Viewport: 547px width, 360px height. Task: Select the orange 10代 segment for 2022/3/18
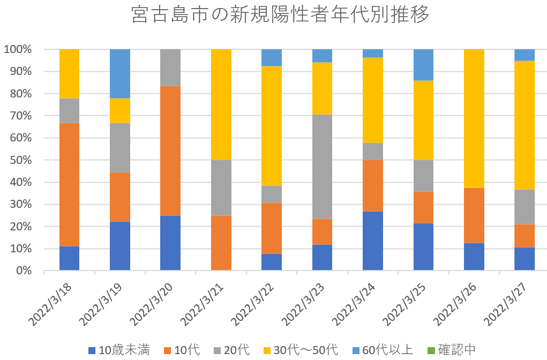[69, 185]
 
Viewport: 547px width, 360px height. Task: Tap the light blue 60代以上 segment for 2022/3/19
[119, 73]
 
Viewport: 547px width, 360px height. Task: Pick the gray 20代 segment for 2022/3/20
[170, 67]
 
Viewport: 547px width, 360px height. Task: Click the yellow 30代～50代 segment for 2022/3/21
[221, 104]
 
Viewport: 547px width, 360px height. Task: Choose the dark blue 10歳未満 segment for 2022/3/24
[372, 241]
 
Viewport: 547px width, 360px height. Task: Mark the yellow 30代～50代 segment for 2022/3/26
[474, 118]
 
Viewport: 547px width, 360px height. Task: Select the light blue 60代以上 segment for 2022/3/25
[423, 65]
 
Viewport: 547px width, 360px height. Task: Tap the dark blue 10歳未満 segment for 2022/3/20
[170, 243]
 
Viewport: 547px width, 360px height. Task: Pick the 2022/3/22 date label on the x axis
[252, 303]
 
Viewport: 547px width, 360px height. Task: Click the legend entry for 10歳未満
[118, 350]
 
